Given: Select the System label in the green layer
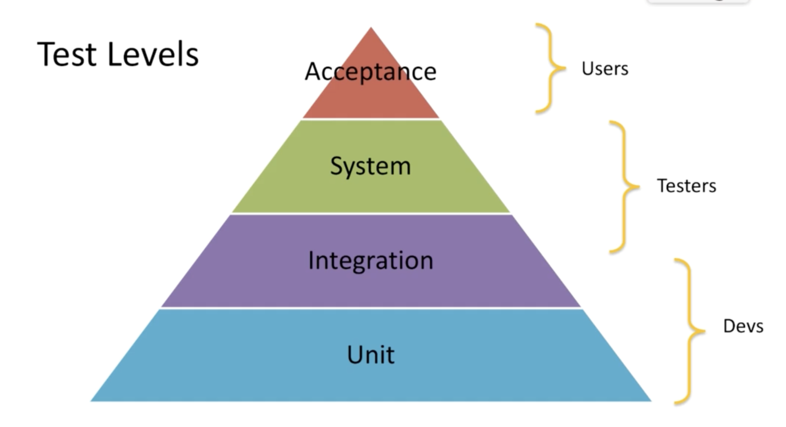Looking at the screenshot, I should click(371, 166).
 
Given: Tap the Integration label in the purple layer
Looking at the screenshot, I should click(371, 261).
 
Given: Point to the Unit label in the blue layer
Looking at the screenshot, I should click(371, 355).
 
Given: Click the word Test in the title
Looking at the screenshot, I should click(67, 55).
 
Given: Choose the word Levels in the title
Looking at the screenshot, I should click(153, 55).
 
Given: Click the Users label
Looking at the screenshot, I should click(605, 69).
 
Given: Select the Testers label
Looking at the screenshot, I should click(687, 186).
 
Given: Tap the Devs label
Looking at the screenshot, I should click(743, 326).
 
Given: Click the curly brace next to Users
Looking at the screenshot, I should click(550, 68).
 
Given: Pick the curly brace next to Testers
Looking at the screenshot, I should click(624, 187).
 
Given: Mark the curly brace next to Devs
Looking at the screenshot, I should click(689, 331).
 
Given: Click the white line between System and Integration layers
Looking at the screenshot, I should click(371, 213).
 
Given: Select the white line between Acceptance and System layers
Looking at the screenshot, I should click(371, 119).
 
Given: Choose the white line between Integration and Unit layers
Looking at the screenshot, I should click(371, 308).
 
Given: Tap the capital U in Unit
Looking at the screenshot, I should click(356, 354).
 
